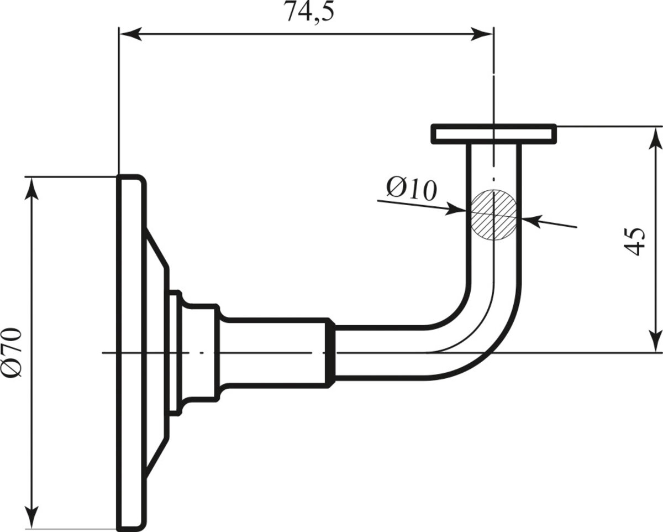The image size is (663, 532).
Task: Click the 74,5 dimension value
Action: [x=311, y=12]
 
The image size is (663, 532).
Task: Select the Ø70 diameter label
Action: [x=13, y=352]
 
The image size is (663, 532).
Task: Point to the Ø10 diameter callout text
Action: [x=412, y=189]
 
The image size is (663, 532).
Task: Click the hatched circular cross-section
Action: [x=494, y=215]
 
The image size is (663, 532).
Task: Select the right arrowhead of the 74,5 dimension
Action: [x=482, y=34]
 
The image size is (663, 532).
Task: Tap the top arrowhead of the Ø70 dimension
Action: [x=31, y=189]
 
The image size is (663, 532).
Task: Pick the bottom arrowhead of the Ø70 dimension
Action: [x=31, y=517]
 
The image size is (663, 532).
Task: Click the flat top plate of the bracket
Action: [x=494, y=134]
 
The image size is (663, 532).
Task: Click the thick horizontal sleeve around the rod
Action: [x=276, y=352]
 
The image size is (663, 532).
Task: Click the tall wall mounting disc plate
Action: [x=131, y=352]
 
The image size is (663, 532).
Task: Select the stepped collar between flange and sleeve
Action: [x=194, y=352]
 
